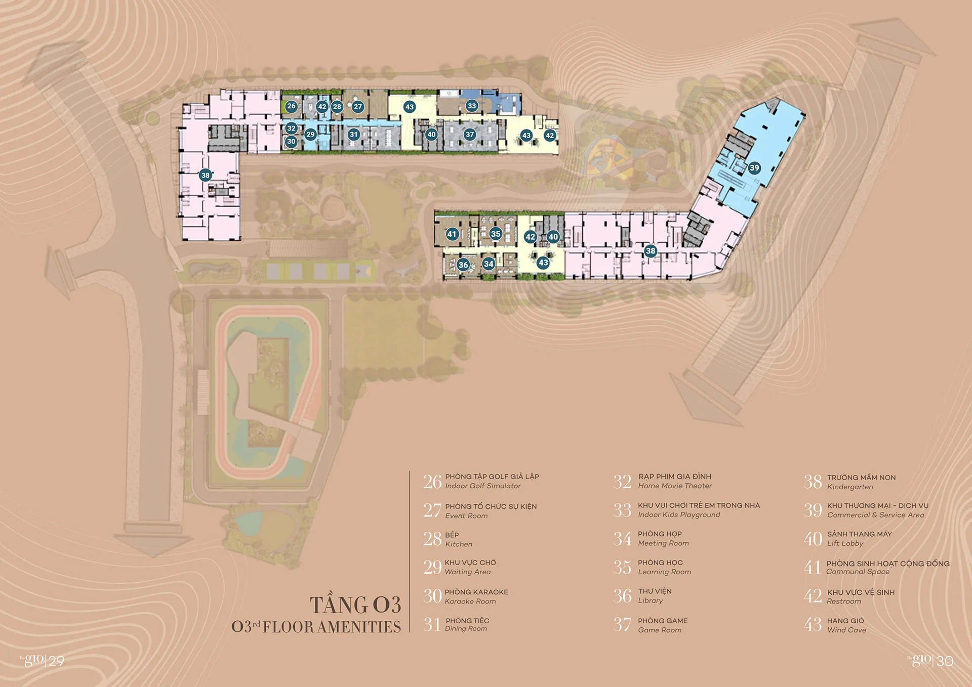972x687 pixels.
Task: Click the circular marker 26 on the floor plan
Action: click(291, 106)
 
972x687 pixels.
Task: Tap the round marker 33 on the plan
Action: click(472, 106)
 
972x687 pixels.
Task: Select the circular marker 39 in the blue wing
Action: click(754, 168)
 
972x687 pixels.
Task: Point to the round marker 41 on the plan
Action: click(452, 234)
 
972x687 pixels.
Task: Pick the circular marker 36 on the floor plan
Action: click(463, 265)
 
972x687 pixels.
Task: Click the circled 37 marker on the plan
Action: click(470, 135)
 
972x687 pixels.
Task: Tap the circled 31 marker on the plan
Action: click(354, 135)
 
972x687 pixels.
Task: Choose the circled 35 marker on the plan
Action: click(496, 234)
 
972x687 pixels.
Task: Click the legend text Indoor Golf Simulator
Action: click(483, 486)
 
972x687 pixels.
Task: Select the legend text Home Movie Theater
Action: click(675, 486)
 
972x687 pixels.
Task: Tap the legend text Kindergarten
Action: click(850, 487)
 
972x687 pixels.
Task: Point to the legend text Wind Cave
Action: click(846, 630)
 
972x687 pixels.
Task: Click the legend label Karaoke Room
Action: click(470, 602)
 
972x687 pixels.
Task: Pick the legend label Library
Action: click(651, 601)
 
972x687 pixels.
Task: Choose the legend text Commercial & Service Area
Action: click(876, 515)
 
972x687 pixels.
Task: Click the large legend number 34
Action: click(623, 539)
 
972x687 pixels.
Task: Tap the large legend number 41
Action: click(813, 568)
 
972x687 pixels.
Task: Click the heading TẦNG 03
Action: click(355, 605)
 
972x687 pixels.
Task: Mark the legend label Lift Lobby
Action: click(845, 544)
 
